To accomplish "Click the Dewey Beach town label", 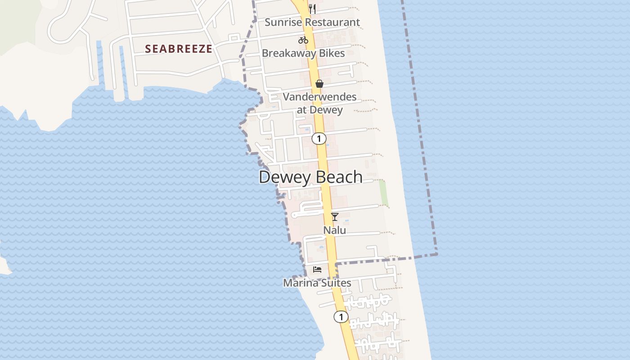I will (x=310, y=177).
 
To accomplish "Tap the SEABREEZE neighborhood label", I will (x=178, y=49).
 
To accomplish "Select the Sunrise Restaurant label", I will (x=312, y=22).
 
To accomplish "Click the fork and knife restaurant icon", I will (x=312, y=9).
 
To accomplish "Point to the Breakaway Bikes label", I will (x=303, y=53).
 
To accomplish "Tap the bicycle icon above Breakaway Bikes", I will (x=303, y=40).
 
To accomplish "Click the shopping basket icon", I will (x=319, y=84).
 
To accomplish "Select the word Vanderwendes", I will (x=319, y=97).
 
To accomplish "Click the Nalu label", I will (x=335, y=230).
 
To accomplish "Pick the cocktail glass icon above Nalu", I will (x=335, y=217).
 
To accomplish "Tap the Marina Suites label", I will (x=317, y=283).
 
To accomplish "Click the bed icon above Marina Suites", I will (x=317, y=270).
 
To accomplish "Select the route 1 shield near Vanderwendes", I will (x=319, y=139).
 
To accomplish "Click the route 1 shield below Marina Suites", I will (x=341, y=317).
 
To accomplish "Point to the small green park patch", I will (x=383, y=193).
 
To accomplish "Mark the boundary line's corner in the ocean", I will (x=436, y=254).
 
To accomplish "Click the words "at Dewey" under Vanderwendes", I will (x=319, y=110).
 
